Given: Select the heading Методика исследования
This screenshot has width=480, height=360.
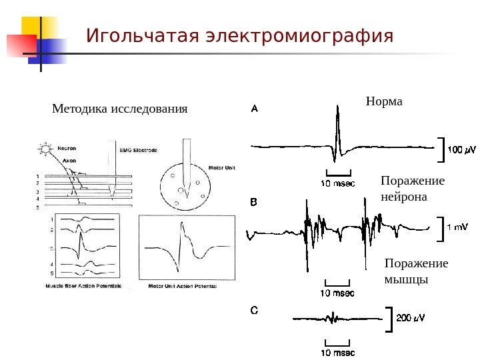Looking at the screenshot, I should coord(120,108).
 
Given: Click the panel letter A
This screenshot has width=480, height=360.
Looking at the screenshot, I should coord(254,107).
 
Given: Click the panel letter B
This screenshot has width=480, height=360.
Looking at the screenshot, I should coord(253,201).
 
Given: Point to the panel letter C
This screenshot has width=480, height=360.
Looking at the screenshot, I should coord(253,310).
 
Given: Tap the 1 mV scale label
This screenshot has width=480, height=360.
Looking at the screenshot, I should coord(457,227).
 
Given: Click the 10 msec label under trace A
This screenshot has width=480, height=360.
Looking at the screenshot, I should coord(338,183).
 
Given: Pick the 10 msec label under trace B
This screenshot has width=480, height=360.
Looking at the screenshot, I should coord(338,293).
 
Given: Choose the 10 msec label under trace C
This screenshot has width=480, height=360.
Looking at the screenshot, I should coord(338,352).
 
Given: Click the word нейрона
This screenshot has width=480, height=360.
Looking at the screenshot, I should coord(402,197).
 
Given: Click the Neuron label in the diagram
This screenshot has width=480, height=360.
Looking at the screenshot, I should coord(67,149).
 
